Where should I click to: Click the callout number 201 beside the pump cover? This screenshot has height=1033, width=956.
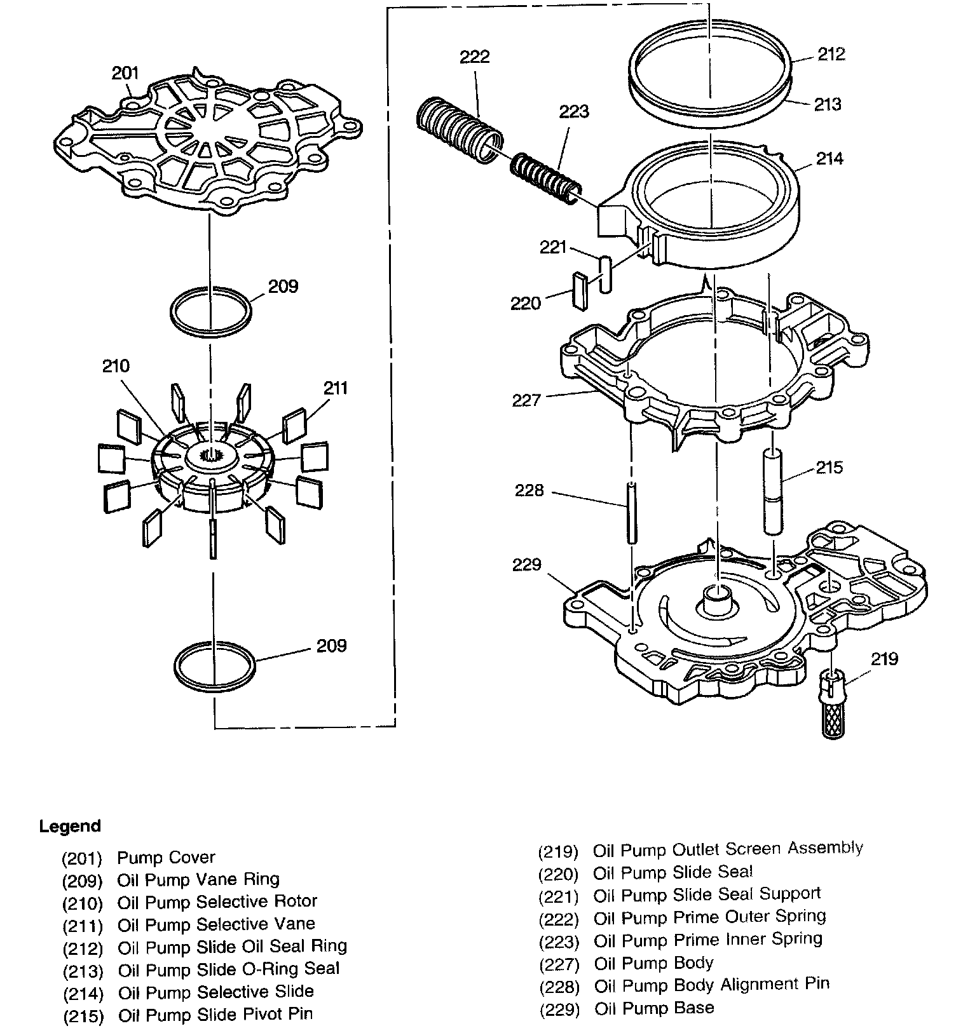pos(125,73)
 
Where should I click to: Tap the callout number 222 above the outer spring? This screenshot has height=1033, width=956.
pos(475,57)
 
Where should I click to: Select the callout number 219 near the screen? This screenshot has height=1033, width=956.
pos(884,658)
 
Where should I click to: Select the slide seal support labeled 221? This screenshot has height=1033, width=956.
pos(605,274)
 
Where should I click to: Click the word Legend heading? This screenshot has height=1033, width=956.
pos(70,826)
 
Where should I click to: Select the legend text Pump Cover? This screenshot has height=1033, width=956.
pos(166,858)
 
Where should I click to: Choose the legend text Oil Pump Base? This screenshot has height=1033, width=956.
pos(654,1008)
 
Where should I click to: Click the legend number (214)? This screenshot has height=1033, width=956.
pos(83,994)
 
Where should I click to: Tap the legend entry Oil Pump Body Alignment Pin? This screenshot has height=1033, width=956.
pos(712,985)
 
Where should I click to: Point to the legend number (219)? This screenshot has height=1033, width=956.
pos(558,851)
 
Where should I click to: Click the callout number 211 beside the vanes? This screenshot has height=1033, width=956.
pos(336,388)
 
